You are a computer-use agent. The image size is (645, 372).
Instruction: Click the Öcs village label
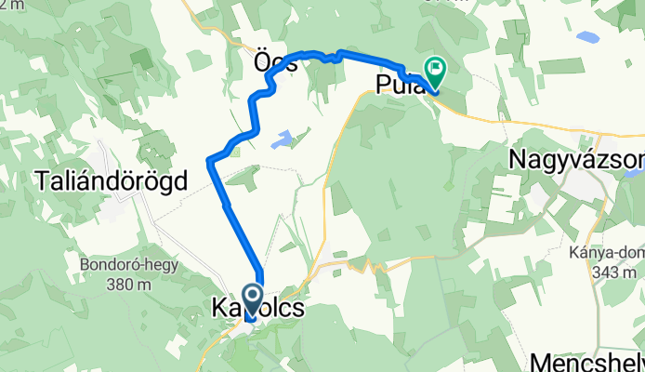pos(274,64)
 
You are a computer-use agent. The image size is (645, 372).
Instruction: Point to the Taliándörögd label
pos(110,179)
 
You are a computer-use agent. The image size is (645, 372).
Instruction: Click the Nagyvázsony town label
pos(576,160)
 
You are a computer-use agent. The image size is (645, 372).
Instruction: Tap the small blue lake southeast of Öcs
pos(282,141)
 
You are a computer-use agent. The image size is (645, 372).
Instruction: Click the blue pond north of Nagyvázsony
pos(587,39)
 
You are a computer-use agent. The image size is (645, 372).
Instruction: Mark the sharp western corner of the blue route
pos(210,162)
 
